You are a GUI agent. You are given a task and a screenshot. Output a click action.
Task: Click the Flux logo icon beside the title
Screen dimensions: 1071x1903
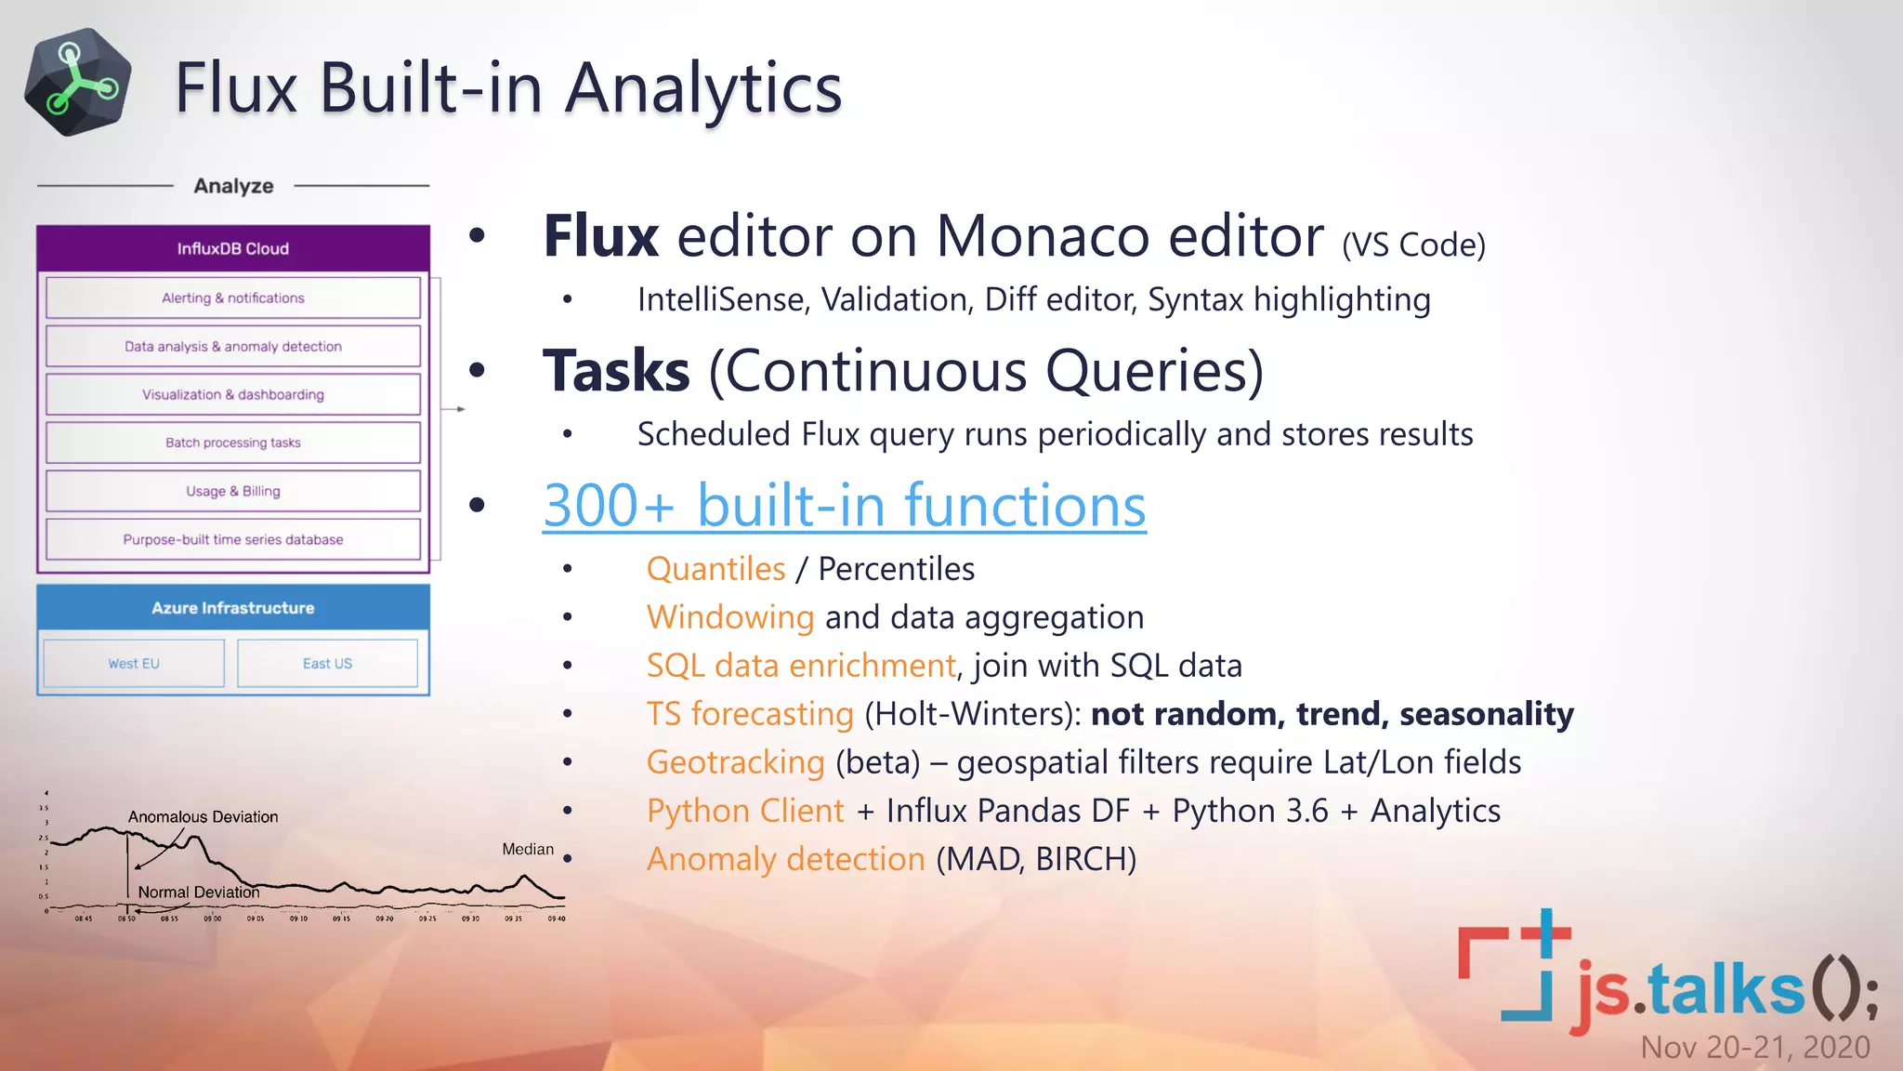point(78,83)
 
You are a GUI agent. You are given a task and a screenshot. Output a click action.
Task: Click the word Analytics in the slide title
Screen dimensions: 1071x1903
point(703,88)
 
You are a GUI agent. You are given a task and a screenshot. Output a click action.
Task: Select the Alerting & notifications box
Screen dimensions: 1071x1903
point(233,297)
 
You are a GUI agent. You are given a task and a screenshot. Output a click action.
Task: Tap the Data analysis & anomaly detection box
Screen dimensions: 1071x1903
point(233,346)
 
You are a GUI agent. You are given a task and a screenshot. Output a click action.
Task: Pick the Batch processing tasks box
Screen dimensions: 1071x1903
point(233,443)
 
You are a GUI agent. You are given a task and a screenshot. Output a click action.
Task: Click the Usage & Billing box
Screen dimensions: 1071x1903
point(233,491)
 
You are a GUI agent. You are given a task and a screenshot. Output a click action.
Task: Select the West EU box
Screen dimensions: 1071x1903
point(134,663)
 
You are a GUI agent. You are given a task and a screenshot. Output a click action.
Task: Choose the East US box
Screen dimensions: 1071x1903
point(327,663)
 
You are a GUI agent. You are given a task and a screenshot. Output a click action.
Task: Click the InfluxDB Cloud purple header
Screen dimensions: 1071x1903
point(233,248)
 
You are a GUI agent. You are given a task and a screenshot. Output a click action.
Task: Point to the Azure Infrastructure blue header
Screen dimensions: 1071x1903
point(233,607)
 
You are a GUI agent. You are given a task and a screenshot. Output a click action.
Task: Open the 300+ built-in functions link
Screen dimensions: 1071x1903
point(844,506)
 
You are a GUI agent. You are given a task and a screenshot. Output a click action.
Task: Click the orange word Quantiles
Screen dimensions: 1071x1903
point(715,569)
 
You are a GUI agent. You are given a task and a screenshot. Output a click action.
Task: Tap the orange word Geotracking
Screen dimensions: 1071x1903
point(735,762)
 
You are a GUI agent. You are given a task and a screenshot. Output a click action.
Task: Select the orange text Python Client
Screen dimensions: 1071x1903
point(745,811)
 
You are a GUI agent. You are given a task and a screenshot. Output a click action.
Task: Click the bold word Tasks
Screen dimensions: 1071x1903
point(616,371)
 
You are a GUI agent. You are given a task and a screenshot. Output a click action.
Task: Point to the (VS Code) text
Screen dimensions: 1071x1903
point(1413,245)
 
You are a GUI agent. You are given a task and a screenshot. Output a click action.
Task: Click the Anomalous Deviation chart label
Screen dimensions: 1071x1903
point(203,816)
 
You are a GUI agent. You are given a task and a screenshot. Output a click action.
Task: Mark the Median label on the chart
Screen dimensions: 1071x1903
point(528,849)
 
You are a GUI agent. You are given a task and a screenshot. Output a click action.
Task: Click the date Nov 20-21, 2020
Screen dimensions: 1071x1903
point(1754,1047)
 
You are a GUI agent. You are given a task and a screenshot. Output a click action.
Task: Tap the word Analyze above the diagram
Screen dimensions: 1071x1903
point(233,186)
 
